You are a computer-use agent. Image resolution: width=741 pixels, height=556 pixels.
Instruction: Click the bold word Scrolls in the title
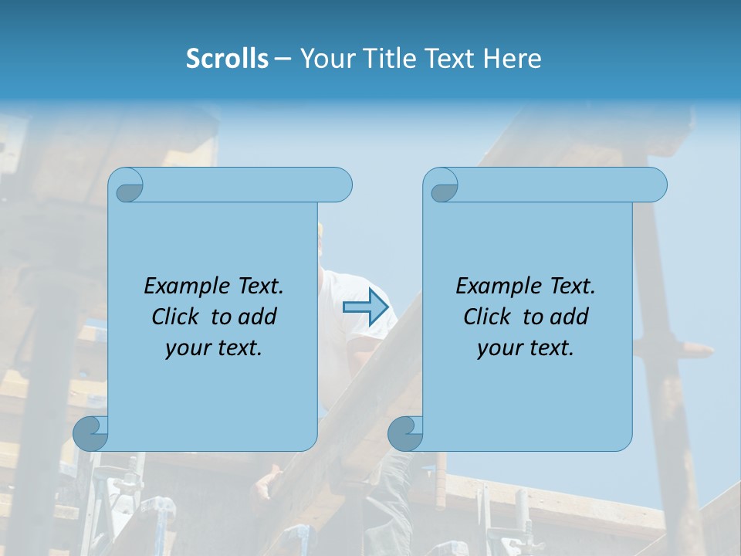228,59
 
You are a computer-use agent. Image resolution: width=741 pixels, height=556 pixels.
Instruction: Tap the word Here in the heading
513,59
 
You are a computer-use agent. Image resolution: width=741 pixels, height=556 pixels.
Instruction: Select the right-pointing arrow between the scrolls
365,307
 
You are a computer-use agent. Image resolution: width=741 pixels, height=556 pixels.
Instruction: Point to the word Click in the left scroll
175,317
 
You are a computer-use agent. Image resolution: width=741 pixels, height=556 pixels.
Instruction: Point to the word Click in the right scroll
487,317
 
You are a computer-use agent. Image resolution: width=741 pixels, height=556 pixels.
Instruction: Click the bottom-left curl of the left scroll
90,433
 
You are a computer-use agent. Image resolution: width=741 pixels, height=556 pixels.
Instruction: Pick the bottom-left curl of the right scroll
405,433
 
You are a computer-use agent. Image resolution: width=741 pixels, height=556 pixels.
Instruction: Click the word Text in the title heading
449,59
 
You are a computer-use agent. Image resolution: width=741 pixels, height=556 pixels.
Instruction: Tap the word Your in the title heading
325,59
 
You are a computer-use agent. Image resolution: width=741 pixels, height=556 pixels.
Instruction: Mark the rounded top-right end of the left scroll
340,185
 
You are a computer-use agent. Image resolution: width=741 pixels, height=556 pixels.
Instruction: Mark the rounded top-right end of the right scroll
655,185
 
